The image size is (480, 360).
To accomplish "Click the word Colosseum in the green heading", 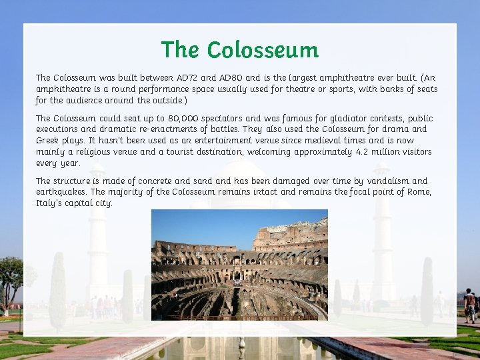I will click(263, 50).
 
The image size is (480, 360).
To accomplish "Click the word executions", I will click(57, 129).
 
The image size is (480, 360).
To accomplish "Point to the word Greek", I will click(47, 141).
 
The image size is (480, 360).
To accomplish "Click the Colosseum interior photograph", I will click(239, 265).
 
